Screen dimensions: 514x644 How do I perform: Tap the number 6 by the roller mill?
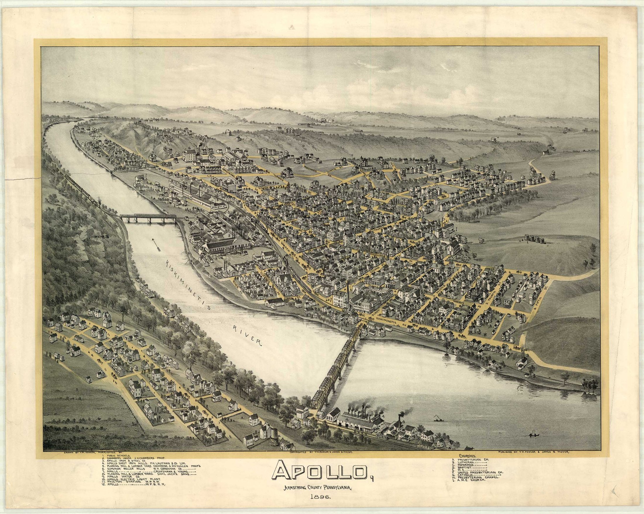pos(189,148)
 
